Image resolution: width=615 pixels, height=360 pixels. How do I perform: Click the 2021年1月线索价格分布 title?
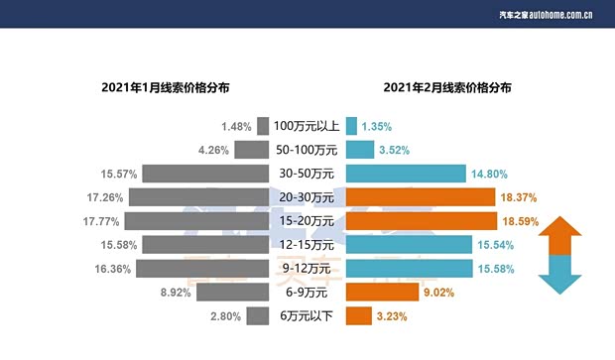tap(166, 87)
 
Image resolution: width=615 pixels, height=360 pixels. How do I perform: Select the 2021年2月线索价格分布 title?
tap(447, 87)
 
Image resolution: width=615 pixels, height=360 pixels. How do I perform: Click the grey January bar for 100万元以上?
tap(263, 126)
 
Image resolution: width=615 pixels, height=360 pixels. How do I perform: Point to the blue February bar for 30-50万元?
tap(406, 174)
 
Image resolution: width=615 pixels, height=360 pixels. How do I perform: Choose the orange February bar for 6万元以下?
tap(357, 315)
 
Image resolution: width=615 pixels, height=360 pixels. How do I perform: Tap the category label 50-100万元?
tap(307, 150)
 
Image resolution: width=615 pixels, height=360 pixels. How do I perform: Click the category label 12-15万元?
tap(307, 245)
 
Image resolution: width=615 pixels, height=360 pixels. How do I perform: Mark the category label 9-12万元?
tap(307, 269)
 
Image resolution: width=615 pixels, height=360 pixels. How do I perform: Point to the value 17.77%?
tap(102, 221)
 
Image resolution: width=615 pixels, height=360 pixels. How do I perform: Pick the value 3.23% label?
tap(392, 316)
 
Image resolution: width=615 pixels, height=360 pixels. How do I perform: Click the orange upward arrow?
tap(560, 235)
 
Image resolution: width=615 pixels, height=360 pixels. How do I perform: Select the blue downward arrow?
tap(560, 276)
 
